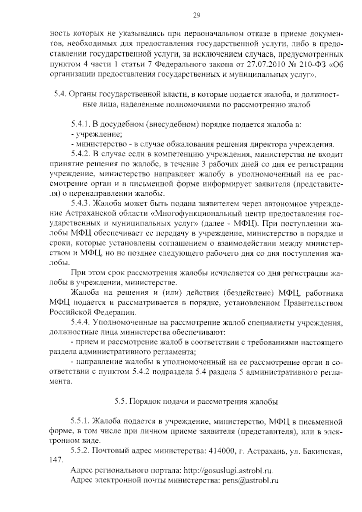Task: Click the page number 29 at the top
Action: [x=196, y=16]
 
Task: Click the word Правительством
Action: [x=313, y=303]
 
